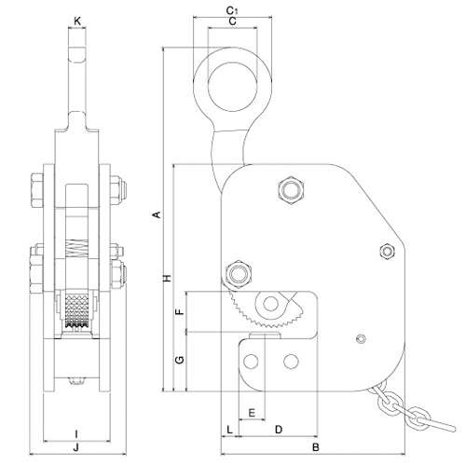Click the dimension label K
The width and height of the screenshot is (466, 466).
[77, 21]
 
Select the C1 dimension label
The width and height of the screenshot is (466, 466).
[232, 10]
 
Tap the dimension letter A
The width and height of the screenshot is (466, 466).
[158, 214]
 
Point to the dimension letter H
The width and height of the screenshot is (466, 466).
[168, 278]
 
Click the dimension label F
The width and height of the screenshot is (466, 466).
[180, 311]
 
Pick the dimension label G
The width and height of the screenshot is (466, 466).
[180, 360]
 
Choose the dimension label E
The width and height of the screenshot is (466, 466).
[252, 413]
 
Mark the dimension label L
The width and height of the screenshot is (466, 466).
[229, 430]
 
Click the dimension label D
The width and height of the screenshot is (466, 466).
[279, 430]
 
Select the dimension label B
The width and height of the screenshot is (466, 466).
[316, 447]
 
